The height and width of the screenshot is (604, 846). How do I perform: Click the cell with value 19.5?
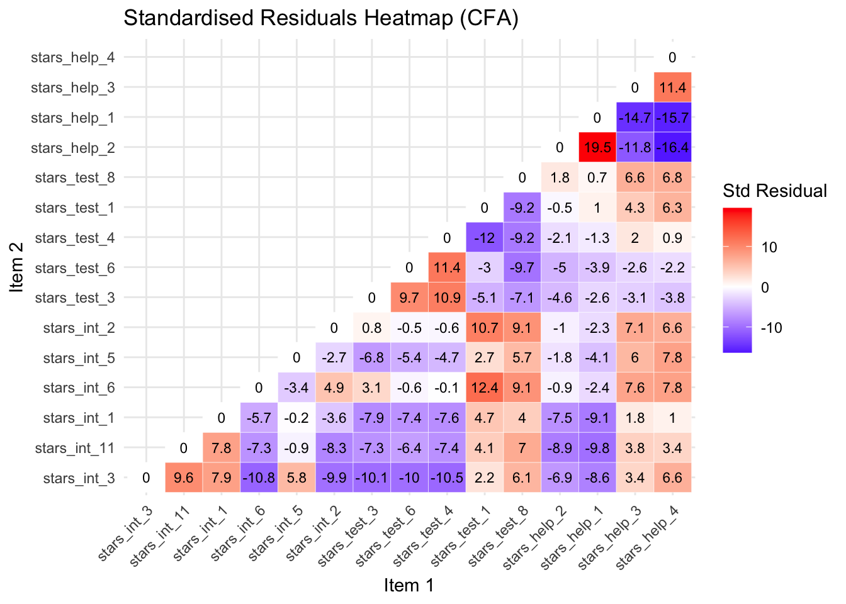(x=597, y=147)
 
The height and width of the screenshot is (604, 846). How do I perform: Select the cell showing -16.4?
(x=672, y=147)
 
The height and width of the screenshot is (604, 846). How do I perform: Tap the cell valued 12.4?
(x=484, y=388)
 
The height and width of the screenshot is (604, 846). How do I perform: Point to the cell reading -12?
(x=484, y=238)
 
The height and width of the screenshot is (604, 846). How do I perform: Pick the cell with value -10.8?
(x=259, y=478)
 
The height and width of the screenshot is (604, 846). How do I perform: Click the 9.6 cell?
(x=183, y=478)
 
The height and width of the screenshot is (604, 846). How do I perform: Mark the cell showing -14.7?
(x=634, y=118)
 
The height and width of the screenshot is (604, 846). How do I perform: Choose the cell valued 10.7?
(x=484, y=328)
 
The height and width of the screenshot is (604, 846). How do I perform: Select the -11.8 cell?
(x=634, y=147)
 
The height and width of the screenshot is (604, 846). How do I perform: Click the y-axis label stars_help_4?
(x=73, y=58)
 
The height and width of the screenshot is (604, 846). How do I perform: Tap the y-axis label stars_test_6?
(x=75, y=268)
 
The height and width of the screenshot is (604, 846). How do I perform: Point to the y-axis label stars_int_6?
(x=79, y=388)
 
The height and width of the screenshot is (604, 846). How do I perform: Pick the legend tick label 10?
(x=769, y=247)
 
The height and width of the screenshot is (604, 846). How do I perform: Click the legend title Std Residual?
(x=775, y=191)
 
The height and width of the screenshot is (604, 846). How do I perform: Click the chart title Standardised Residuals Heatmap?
(x=321, y=18)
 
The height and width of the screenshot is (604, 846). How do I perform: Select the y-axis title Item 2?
(x=18, y=267)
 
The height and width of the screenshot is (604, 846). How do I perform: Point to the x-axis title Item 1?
(x=409, y=586)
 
